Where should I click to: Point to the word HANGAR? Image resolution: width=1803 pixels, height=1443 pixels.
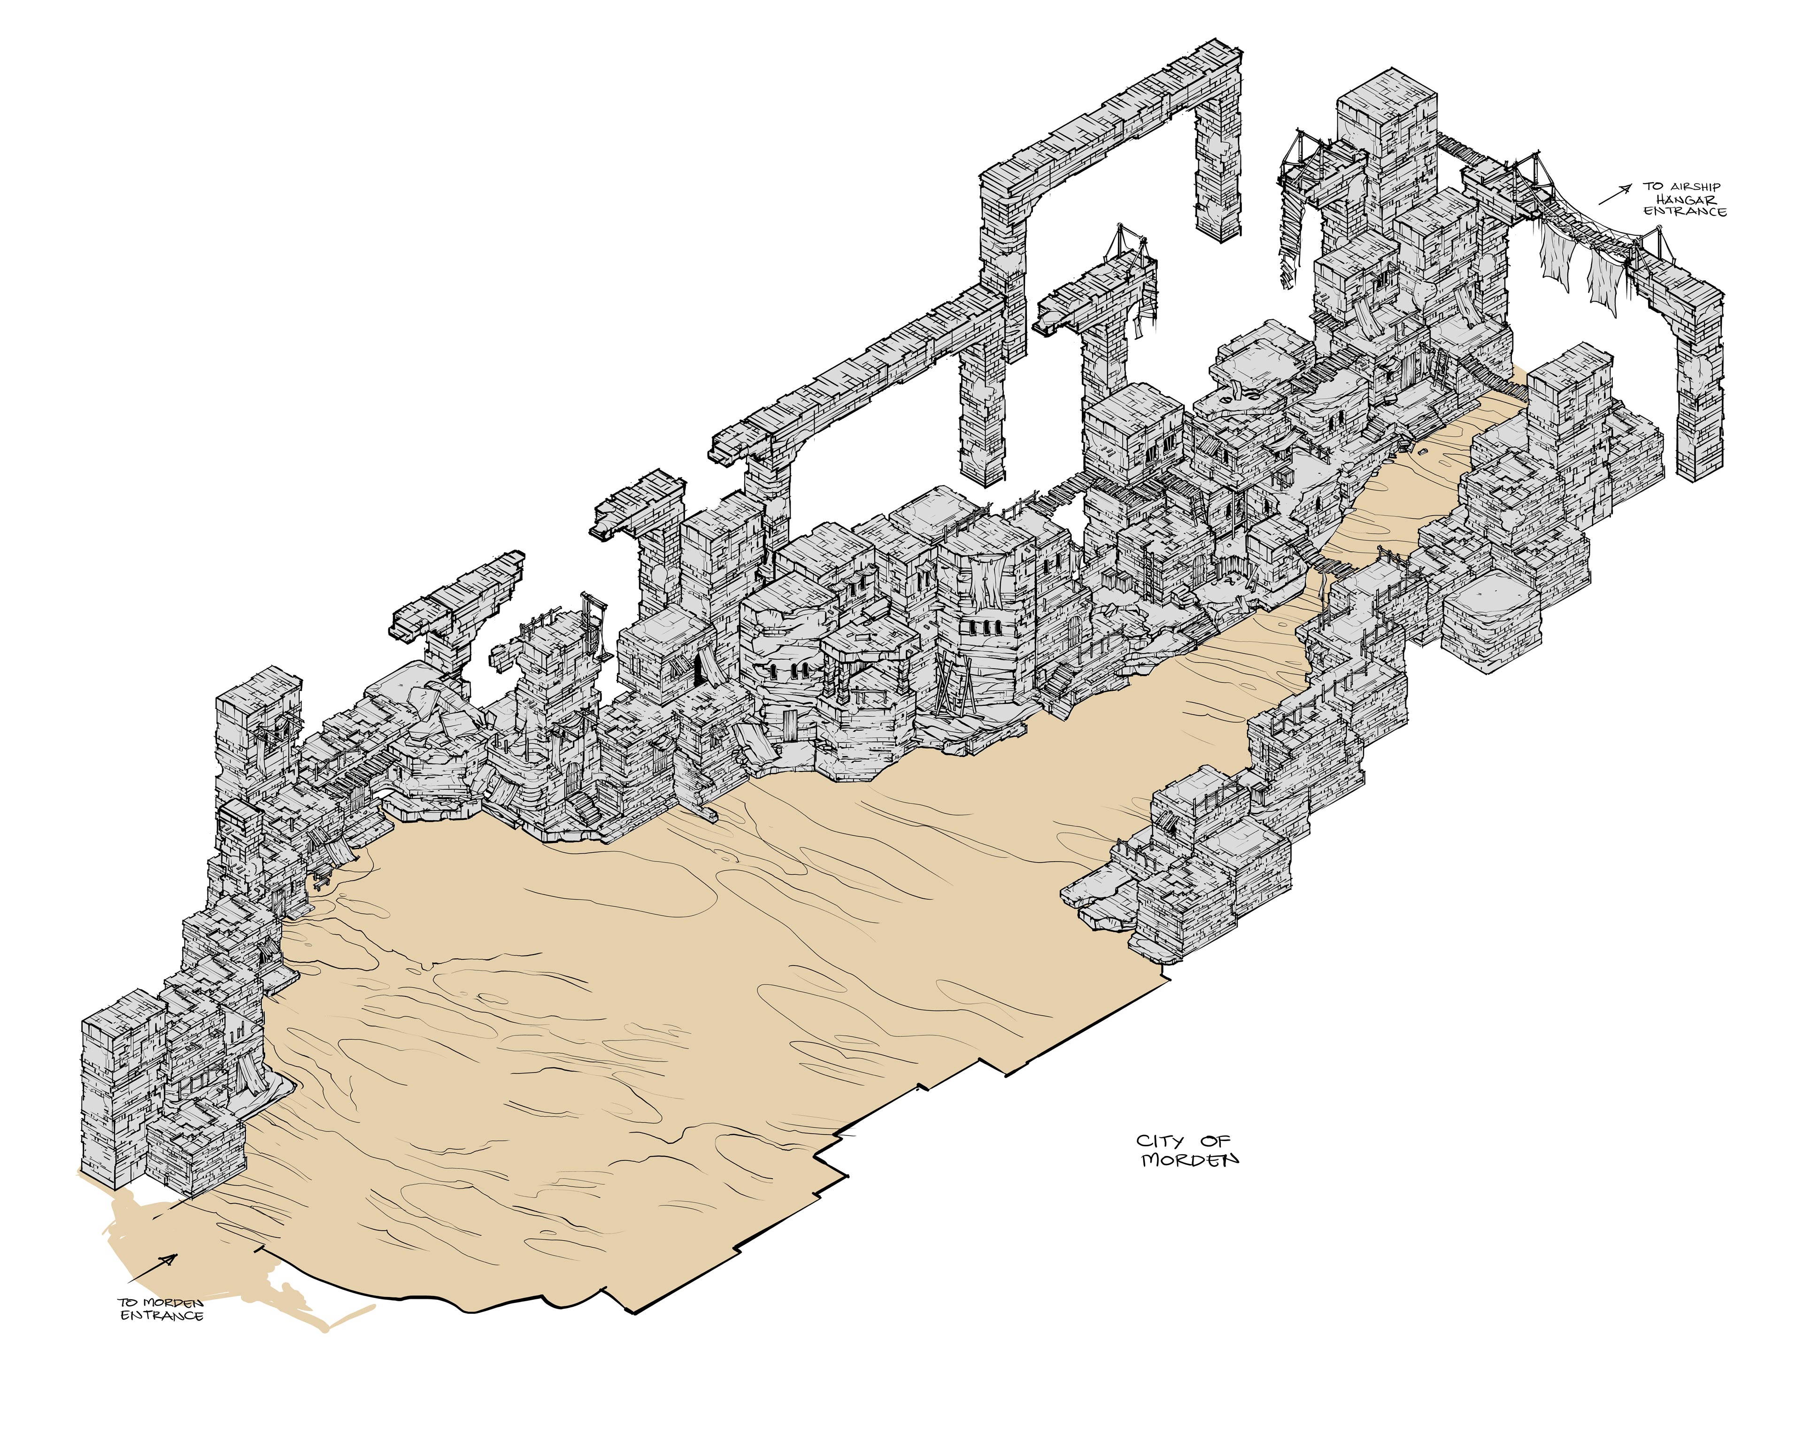(x=1687, y=200)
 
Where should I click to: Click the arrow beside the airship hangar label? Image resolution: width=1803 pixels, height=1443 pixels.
(x=1614, y=194)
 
